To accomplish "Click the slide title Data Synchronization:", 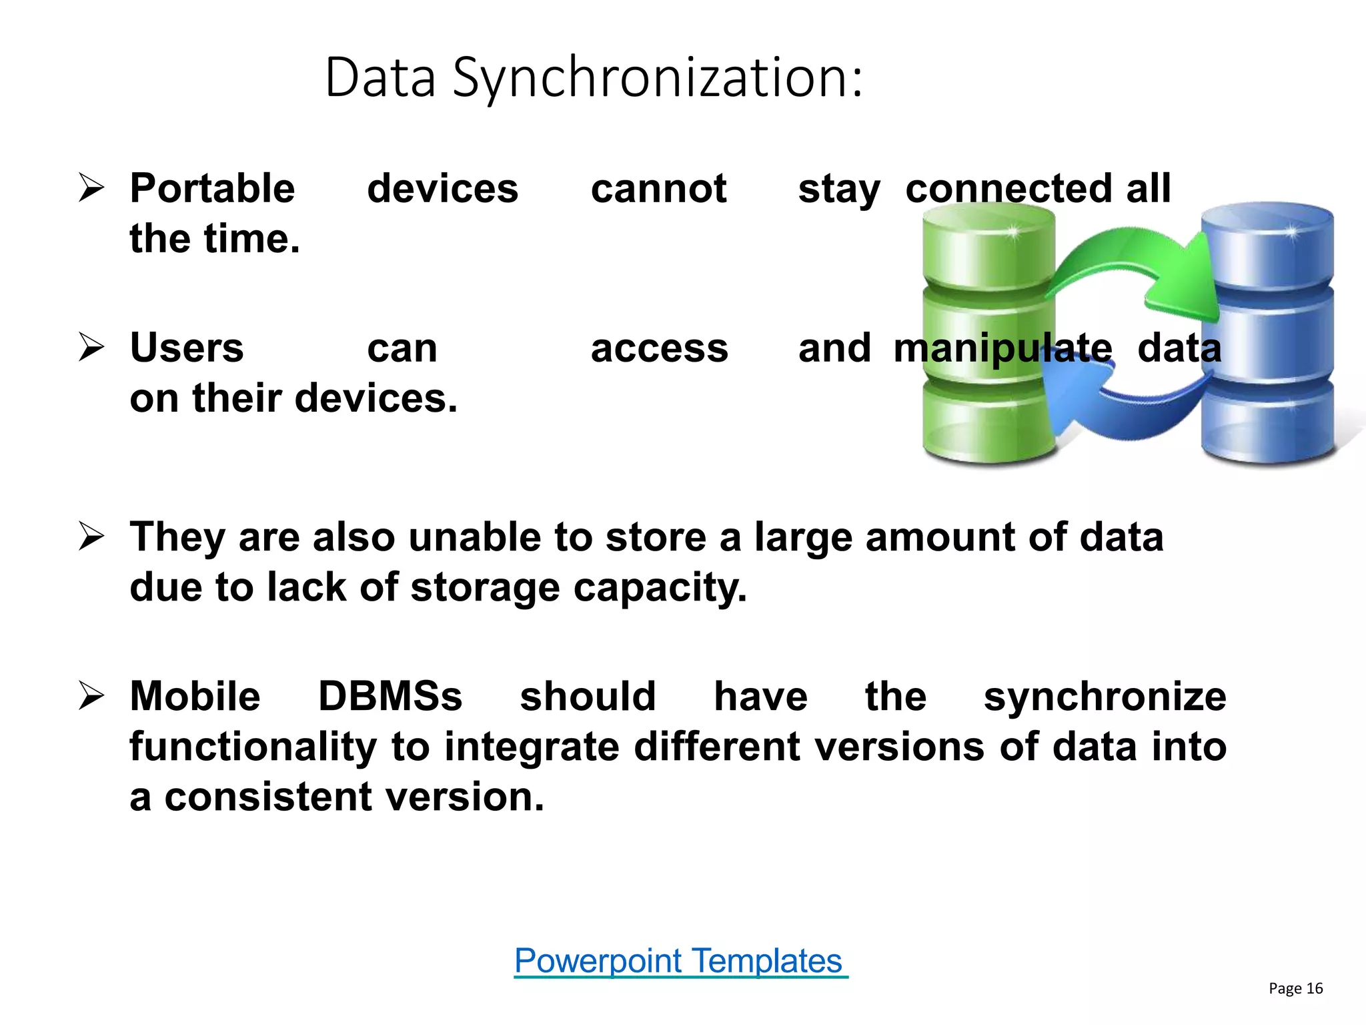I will (594, 79).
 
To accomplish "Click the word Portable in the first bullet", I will (212, 188).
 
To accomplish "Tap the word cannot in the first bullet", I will (658, 188).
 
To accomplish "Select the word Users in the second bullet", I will (187, 348).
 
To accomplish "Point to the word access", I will (659, 349).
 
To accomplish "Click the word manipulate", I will (1002, 348).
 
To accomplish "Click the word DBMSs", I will (390, 696).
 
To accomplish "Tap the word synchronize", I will (1105, 697).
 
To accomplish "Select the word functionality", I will (253, 747).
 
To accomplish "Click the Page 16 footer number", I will (1295, 988).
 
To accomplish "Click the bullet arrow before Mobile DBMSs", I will (91, 696).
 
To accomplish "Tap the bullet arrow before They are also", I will (91, 537).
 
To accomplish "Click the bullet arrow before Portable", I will (91, 188).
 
